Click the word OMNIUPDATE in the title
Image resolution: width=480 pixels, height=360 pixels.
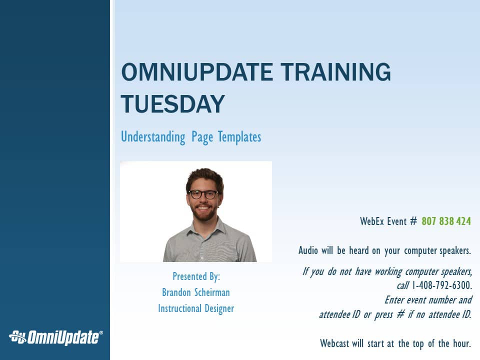197,72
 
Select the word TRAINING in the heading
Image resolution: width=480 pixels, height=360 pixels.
336,72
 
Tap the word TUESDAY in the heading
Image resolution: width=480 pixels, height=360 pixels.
173,104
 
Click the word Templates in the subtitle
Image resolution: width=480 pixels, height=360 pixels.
239,137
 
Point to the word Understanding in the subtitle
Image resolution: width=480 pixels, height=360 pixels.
153,137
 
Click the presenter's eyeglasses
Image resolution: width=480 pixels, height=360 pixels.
203,194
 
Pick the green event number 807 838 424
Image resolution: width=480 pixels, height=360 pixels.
446,221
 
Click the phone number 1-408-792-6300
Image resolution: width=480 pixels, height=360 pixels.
441,285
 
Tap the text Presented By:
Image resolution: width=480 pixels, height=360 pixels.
196,276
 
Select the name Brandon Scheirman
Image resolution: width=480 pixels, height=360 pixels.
196,292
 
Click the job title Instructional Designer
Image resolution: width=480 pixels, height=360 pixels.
196,308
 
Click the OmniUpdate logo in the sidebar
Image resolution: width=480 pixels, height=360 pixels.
55,337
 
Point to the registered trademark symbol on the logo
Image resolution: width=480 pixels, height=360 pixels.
101,333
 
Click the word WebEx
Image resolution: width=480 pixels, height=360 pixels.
371,221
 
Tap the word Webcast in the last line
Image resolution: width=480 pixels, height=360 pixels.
334,343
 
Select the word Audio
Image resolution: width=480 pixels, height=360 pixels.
308,250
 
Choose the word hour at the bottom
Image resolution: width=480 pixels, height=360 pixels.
462,343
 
